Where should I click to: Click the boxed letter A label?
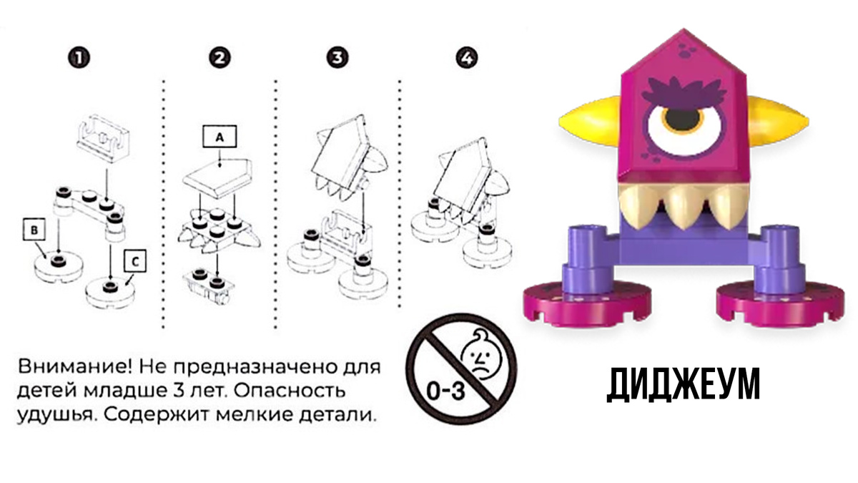pos(220,136)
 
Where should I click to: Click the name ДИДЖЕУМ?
pos(683,384)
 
